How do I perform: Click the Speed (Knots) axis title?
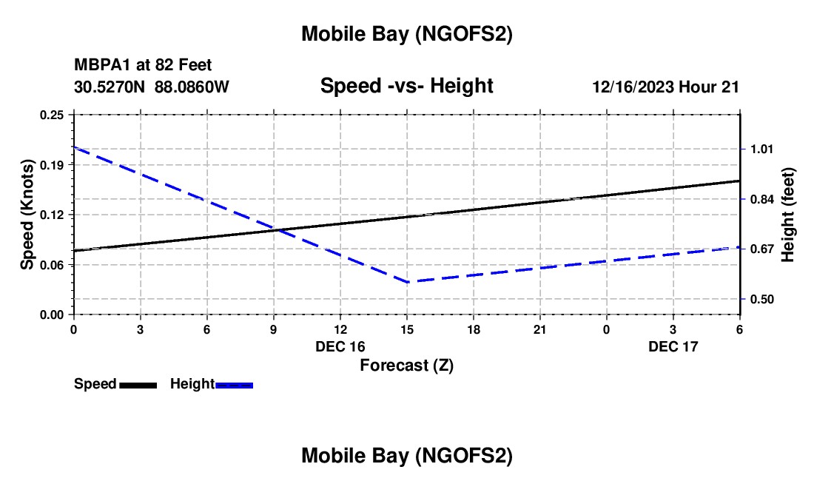pos(27,215)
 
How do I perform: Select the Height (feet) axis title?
pos(787,215)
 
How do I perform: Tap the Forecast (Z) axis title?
pos(406,365)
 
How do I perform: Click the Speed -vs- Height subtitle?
pos(406,86)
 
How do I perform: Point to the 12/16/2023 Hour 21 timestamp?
pos(665,87)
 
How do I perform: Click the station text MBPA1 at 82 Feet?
pos(143,66)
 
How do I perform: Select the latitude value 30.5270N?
pos(110,87)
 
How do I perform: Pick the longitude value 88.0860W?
pos(192,87)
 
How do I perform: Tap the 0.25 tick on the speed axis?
pos(52,115)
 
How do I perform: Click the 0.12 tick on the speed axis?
pos(52,215)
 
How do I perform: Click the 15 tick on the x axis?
pos(406,329)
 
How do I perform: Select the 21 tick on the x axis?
pos(539,329)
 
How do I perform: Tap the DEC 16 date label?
pos(340,346)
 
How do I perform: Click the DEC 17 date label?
pos(673,346)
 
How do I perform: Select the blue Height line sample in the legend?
pos(235,385)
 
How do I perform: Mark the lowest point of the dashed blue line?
pos(408,281)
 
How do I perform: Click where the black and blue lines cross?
pos(275,229)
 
